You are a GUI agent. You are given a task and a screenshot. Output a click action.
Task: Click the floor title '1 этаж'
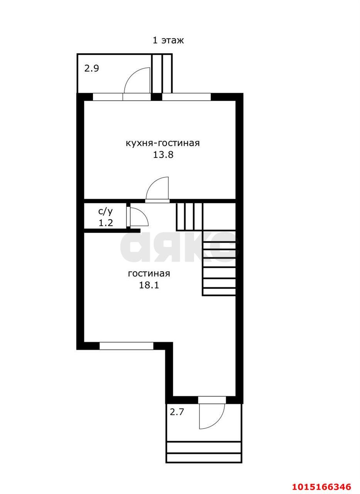tap(168, 41)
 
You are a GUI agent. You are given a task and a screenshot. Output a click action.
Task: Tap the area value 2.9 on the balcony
tap(91, 69)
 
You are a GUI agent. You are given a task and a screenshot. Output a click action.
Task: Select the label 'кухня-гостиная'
tap(163, 143)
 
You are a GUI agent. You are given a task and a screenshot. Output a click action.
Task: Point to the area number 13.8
tap(163, 155)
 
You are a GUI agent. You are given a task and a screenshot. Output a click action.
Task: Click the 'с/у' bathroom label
tap(105, 212)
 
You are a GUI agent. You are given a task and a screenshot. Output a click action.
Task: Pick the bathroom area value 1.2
tap(106, 223)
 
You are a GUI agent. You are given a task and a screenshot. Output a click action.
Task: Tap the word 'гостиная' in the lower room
tap(149, 274)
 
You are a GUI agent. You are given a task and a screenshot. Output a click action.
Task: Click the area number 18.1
tap(149, 286)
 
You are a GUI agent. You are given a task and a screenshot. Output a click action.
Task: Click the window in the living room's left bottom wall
tap(126, 346)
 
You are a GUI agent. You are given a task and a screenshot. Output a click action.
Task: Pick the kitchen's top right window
tap(186, 97)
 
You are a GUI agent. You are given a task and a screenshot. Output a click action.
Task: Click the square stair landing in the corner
tap(219, 217)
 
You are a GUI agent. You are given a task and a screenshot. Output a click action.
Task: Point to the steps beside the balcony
tap(162, 73)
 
